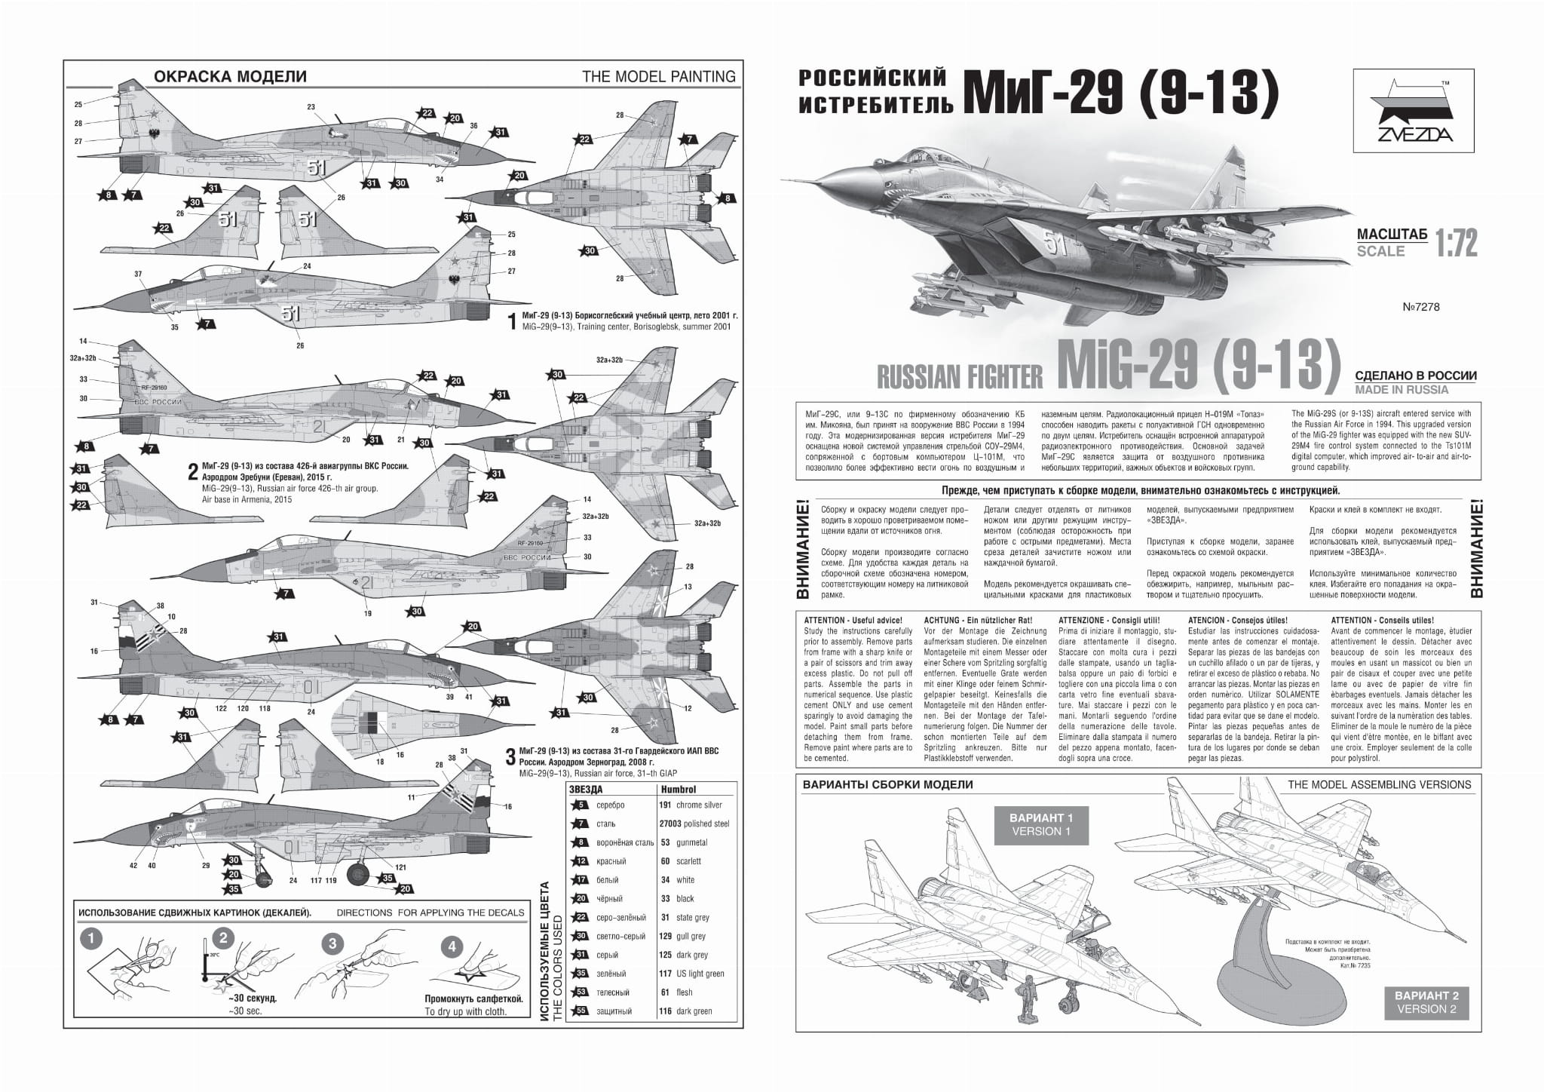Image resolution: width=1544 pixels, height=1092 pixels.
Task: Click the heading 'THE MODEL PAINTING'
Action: pos(658,76)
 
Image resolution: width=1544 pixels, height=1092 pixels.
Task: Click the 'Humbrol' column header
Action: pos(678,789)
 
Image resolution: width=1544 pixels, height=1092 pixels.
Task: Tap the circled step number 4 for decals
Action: pos(452,946)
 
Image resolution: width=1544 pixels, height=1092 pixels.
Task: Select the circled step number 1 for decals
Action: pos(90,940)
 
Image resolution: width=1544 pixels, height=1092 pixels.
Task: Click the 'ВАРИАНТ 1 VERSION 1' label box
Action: pos(1037,824)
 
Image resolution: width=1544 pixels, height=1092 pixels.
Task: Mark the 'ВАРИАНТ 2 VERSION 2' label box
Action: pos(1426,1002)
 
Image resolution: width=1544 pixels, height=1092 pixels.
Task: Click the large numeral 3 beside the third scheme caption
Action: pos(510,756)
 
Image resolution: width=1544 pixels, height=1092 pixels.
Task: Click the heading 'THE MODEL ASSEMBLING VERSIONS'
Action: pos(1379,784)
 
